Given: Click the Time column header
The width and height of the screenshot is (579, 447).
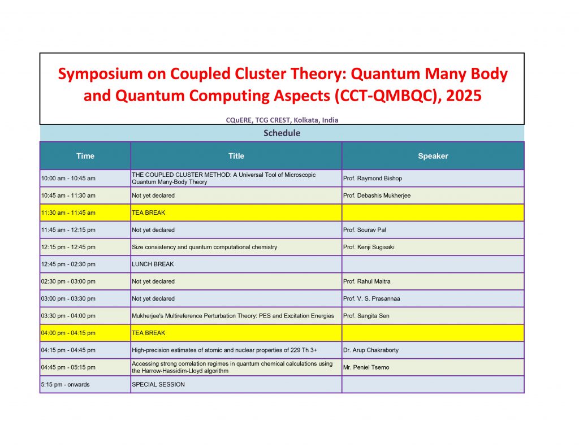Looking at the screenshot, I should pyautogui.click(x=85, y=156).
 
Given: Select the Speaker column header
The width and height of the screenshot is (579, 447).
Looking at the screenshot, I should pyautogui.click(x=433, y=156).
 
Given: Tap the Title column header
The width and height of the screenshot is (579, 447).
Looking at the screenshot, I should pyautogui.click(x=236, y=156).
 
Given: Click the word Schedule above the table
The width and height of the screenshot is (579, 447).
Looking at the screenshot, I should pyautogui.click(x=282, y=133).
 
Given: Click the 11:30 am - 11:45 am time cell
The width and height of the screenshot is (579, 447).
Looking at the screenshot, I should pyautogui.click(x=68, y=213).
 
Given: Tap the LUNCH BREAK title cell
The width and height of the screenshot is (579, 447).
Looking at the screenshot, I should pyautogui.click(x=153, y=264).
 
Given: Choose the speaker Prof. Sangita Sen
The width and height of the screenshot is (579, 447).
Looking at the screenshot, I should pyautogui.click(x=366, y=316).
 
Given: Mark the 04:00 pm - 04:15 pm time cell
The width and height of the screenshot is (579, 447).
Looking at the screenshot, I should pyautogui.click(x=68, y=333).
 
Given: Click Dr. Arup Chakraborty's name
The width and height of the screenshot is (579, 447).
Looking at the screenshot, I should pyautogui.click(x=371, y=350).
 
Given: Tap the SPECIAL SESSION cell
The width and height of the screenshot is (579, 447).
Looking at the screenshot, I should pyautogui.click(x=158, y=385).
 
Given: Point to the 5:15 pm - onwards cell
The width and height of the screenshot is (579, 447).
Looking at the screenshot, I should pyautogui.click(x=66, y=385).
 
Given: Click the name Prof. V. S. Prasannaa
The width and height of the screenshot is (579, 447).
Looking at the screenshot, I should pyautogui.click(x=371, y=298).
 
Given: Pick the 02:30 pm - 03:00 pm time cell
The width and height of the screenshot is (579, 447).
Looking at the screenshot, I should pyautogui.click(x=68, y=281).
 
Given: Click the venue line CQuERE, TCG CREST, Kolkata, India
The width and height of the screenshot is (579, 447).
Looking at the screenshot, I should pyautogui.click(x=282, y=120).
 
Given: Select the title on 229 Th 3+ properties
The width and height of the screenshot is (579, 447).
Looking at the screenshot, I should pyautogui.click(x=224, y=350).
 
